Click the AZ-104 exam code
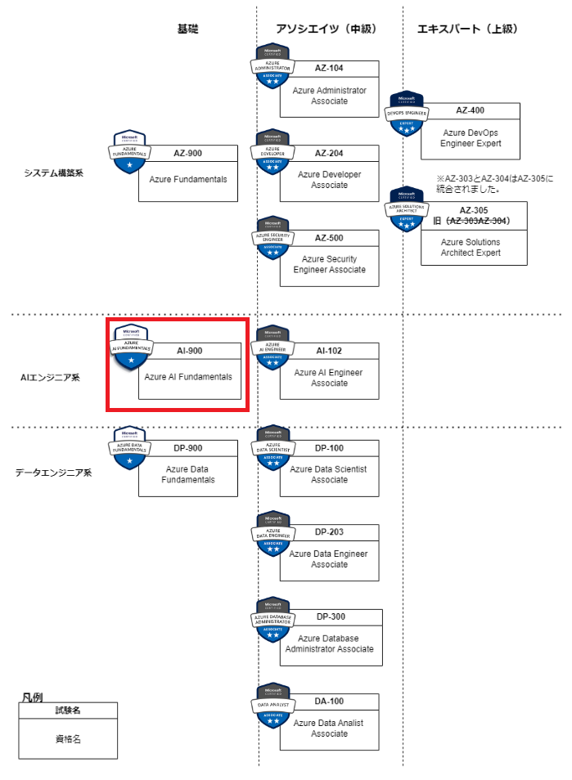(329, 69)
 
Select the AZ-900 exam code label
(187, 153)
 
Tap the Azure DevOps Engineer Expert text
(471, 137)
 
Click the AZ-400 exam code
(471, 110)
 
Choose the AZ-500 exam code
(329, 238)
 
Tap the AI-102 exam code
(329, 350)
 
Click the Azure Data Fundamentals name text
(187, 474)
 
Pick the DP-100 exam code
(329, 448)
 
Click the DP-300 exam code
(329, 617)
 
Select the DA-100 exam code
(329, 702)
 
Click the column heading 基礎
(187, 29)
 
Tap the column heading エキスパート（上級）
(467, 29)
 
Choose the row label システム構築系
(54, 173)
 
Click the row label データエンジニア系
(54, 473)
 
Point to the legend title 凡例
(33, 697)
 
